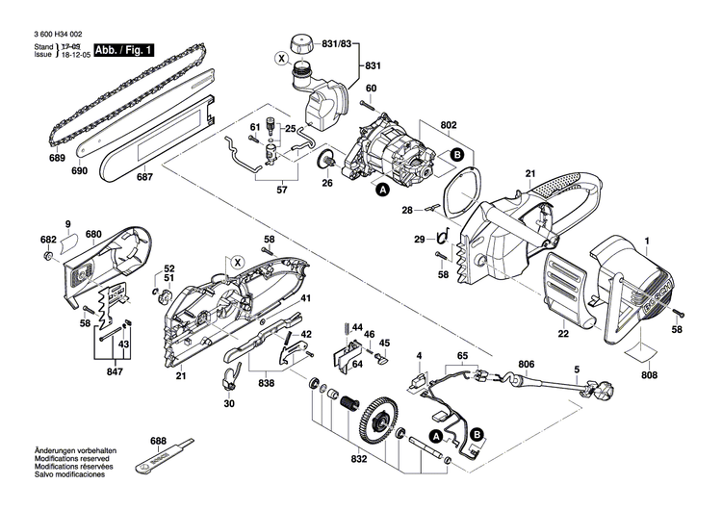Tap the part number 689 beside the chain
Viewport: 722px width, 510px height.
(57, 156)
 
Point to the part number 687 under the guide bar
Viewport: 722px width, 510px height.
(143, 176)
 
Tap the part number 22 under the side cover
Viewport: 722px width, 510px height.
(563, 334)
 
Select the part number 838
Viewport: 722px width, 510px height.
(265, 383)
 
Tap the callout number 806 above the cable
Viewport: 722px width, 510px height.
(526, 364)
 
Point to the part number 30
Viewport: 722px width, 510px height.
(228, 404)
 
